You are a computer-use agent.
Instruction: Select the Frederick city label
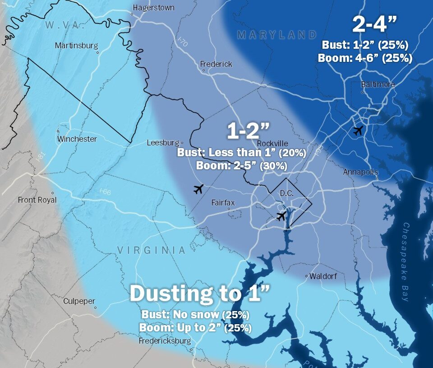[216, 64]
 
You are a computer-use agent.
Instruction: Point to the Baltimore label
[378, 84]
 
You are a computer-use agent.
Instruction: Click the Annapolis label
[360, 172]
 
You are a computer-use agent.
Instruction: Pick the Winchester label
[77, 139]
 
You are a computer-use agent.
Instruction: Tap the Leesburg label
[163, 143]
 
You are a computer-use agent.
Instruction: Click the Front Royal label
[37, 200]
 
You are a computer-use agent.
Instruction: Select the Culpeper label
[79, 301]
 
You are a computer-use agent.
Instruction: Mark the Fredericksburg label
[166, 341]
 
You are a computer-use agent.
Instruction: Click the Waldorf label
[323, 276]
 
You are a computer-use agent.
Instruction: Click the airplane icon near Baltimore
[358, 131]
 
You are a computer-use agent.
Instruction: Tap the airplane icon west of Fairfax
[198, 189]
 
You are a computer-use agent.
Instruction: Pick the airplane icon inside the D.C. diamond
[281, 216]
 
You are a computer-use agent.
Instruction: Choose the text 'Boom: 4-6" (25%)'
[365, 58]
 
